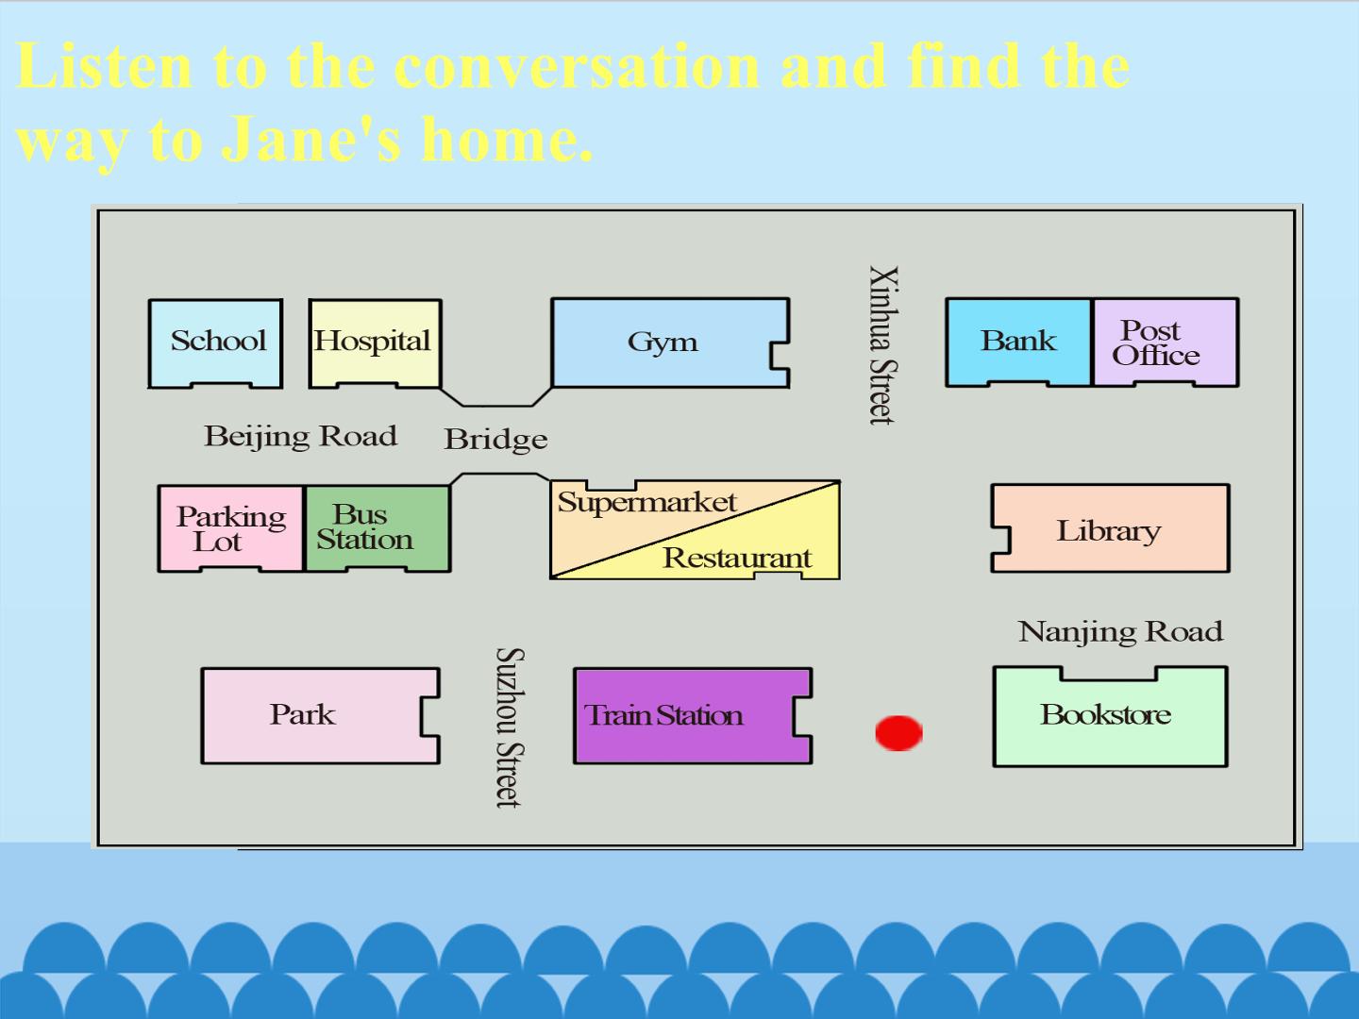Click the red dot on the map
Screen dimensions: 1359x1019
point(899,733)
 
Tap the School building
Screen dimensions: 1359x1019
point(215,343)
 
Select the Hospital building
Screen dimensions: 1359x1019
point(376,343)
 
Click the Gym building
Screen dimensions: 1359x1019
point(670,342)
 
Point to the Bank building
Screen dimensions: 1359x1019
point(1018,342)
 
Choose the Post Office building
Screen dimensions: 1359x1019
point(1166,342)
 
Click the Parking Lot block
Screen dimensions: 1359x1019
point(231,528)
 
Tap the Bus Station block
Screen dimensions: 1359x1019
point(377,528)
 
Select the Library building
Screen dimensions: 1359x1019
point(1110,528)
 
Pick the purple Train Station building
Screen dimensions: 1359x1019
point(693,716)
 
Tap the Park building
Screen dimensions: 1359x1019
point(321,716)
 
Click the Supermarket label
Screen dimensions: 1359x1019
point(647,502)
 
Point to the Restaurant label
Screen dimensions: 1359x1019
point(737,558)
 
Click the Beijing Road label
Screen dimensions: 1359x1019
point(301,437)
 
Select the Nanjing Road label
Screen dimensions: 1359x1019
point(1120,632)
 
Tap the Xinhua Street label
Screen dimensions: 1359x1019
point(883,345)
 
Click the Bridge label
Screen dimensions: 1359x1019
point(495,440)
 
